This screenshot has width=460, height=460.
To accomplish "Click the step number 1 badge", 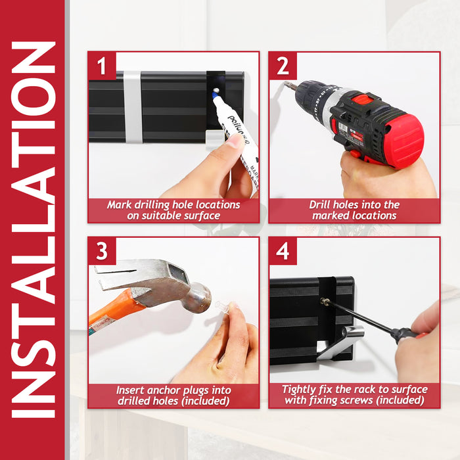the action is pyautogui.click(x=102, y=66).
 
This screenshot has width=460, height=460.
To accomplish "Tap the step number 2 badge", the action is pyautogui.click(x=283, y=66).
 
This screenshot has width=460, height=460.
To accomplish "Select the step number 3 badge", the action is pyautogui.click(x=102, y=251).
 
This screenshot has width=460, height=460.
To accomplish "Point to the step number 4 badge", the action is pyautogui.click(x=283, y=251).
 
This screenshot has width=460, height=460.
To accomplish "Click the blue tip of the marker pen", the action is pyautogui.click(x=214, y=95).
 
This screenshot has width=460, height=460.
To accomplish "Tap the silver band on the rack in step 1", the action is pyautogui.click(x=133, y=107).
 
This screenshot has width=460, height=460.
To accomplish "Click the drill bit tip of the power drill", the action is pyautogui.click(x=286, y=85).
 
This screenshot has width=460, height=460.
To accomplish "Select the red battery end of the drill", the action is pyautogui.click(x=405, y=141).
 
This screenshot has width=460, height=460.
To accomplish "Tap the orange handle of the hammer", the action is pyautogui.click(x=115, y=311).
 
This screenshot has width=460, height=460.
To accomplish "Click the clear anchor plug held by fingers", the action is pyautogui.click(x=222, y=307).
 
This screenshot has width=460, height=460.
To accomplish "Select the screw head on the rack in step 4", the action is pyautogui.click(x=324, y=301).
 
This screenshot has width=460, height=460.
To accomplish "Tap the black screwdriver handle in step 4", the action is pyautogui.click(x=406, y=334).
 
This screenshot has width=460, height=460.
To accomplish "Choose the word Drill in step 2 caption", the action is pyautogui.click(x=319, y=204).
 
